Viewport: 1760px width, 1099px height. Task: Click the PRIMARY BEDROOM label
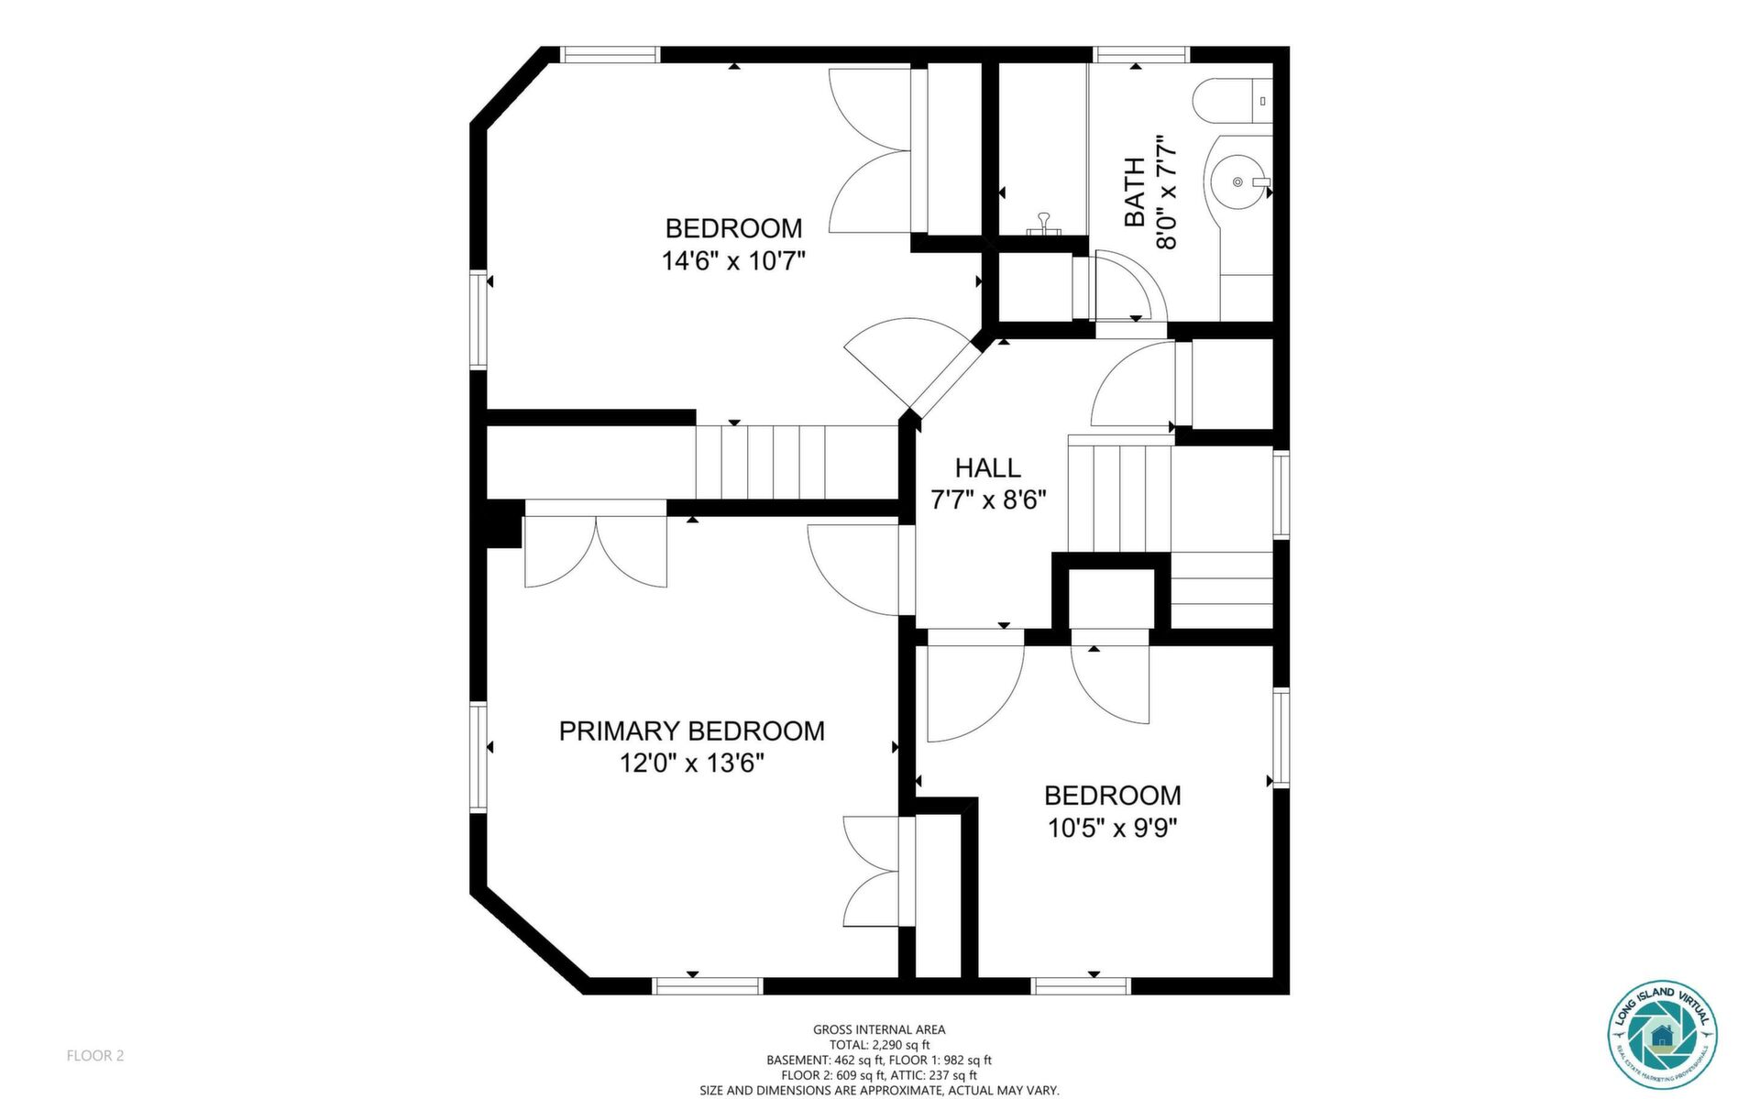click(x=692, y=731)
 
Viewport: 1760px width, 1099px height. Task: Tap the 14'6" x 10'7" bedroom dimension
click(x=733, y=261)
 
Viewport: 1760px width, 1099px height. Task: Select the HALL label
click(x=988, y=468)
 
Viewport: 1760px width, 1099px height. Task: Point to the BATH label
click(x=1135, y=192)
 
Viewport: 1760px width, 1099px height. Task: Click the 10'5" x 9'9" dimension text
click(x=1113, y=829)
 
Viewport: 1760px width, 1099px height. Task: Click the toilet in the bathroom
click(x=1233, y=101)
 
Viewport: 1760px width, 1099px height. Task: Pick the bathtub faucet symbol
click(x=1043, y=225)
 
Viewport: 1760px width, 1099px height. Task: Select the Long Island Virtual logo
click(x=1662, y=1035)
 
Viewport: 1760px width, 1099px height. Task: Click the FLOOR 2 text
click(x=95, y=1055)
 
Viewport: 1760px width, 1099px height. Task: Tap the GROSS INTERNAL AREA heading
click(x=879, y=1029)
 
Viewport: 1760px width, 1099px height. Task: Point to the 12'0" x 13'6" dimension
click(x=692, y=763)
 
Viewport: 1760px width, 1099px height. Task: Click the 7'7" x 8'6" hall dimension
click(x=988, y=500)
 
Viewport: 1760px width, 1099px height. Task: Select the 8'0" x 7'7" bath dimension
click(x=1165, y=192)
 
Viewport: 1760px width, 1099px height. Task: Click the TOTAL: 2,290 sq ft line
click(x=879, y=1045)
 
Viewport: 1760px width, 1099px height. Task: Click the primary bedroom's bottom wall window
click(x=708, y=986)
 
